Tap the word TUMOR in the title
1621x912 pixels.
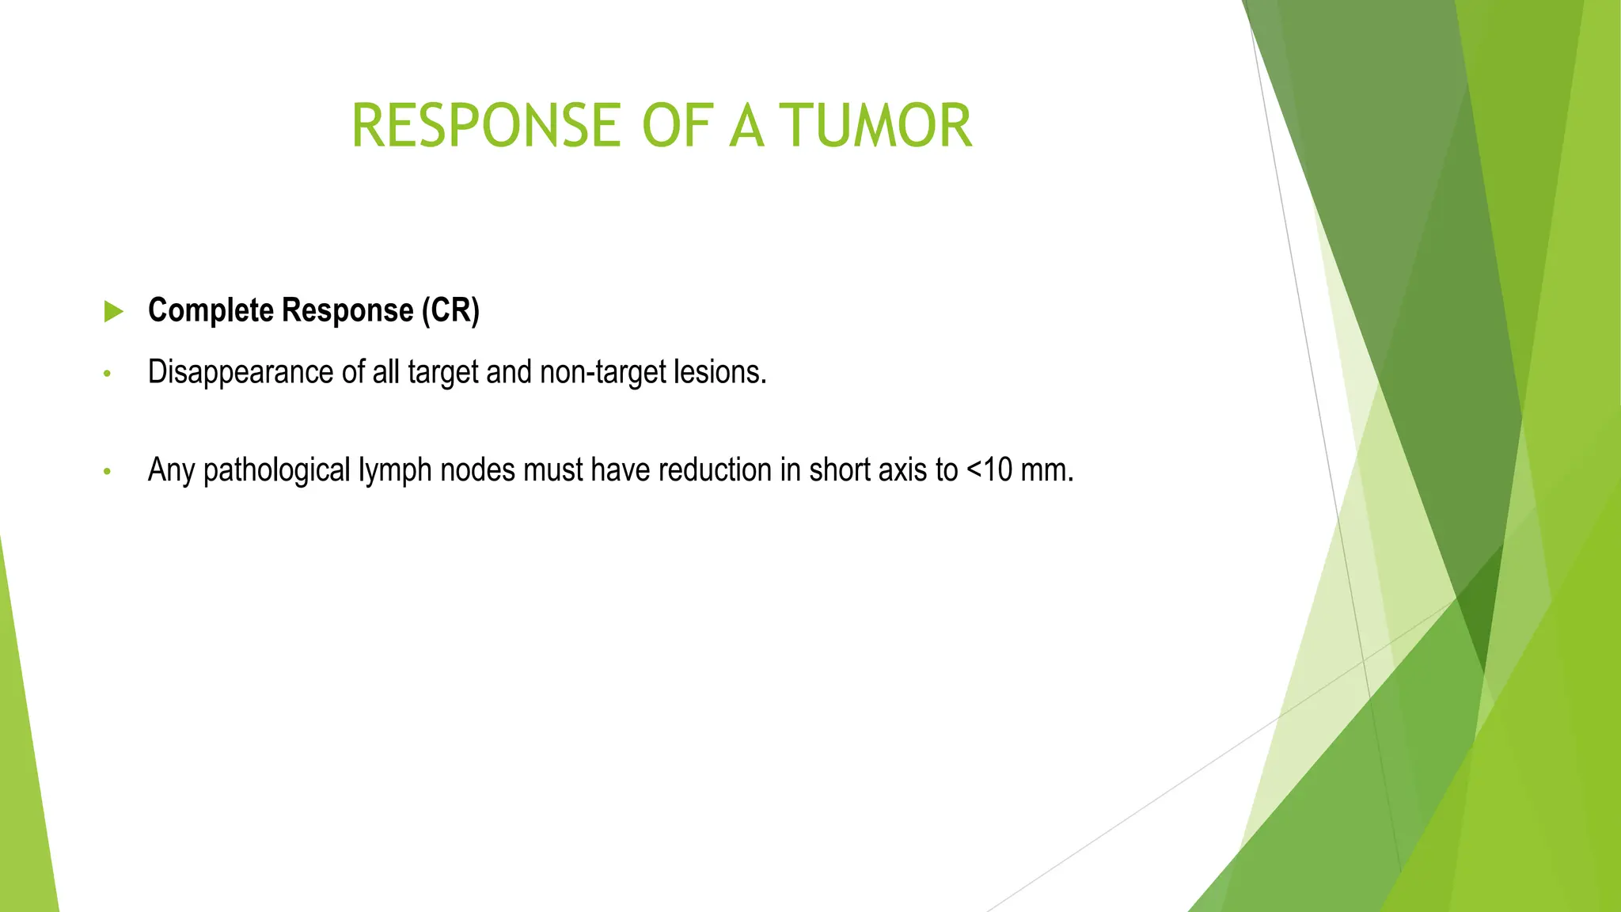click(x=875, y=126)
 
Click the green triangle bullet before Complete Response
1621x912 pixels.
click(x=114, y=311)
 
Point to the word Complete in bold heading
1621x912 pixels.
click(x=211, y=310)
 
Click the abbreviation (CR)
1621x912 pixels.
click(x=450, y=310)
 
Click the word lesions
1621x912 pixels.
click(x=719, y=372)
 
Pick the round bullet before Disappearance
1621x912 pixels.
click(x=107, y=374)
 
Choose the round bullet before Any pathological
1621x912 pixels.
click(x=107, y=472)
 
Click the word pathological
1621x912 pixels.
click(x=276, y=470)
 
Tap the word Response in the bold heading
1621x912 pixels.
click(x=347, y=310)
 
